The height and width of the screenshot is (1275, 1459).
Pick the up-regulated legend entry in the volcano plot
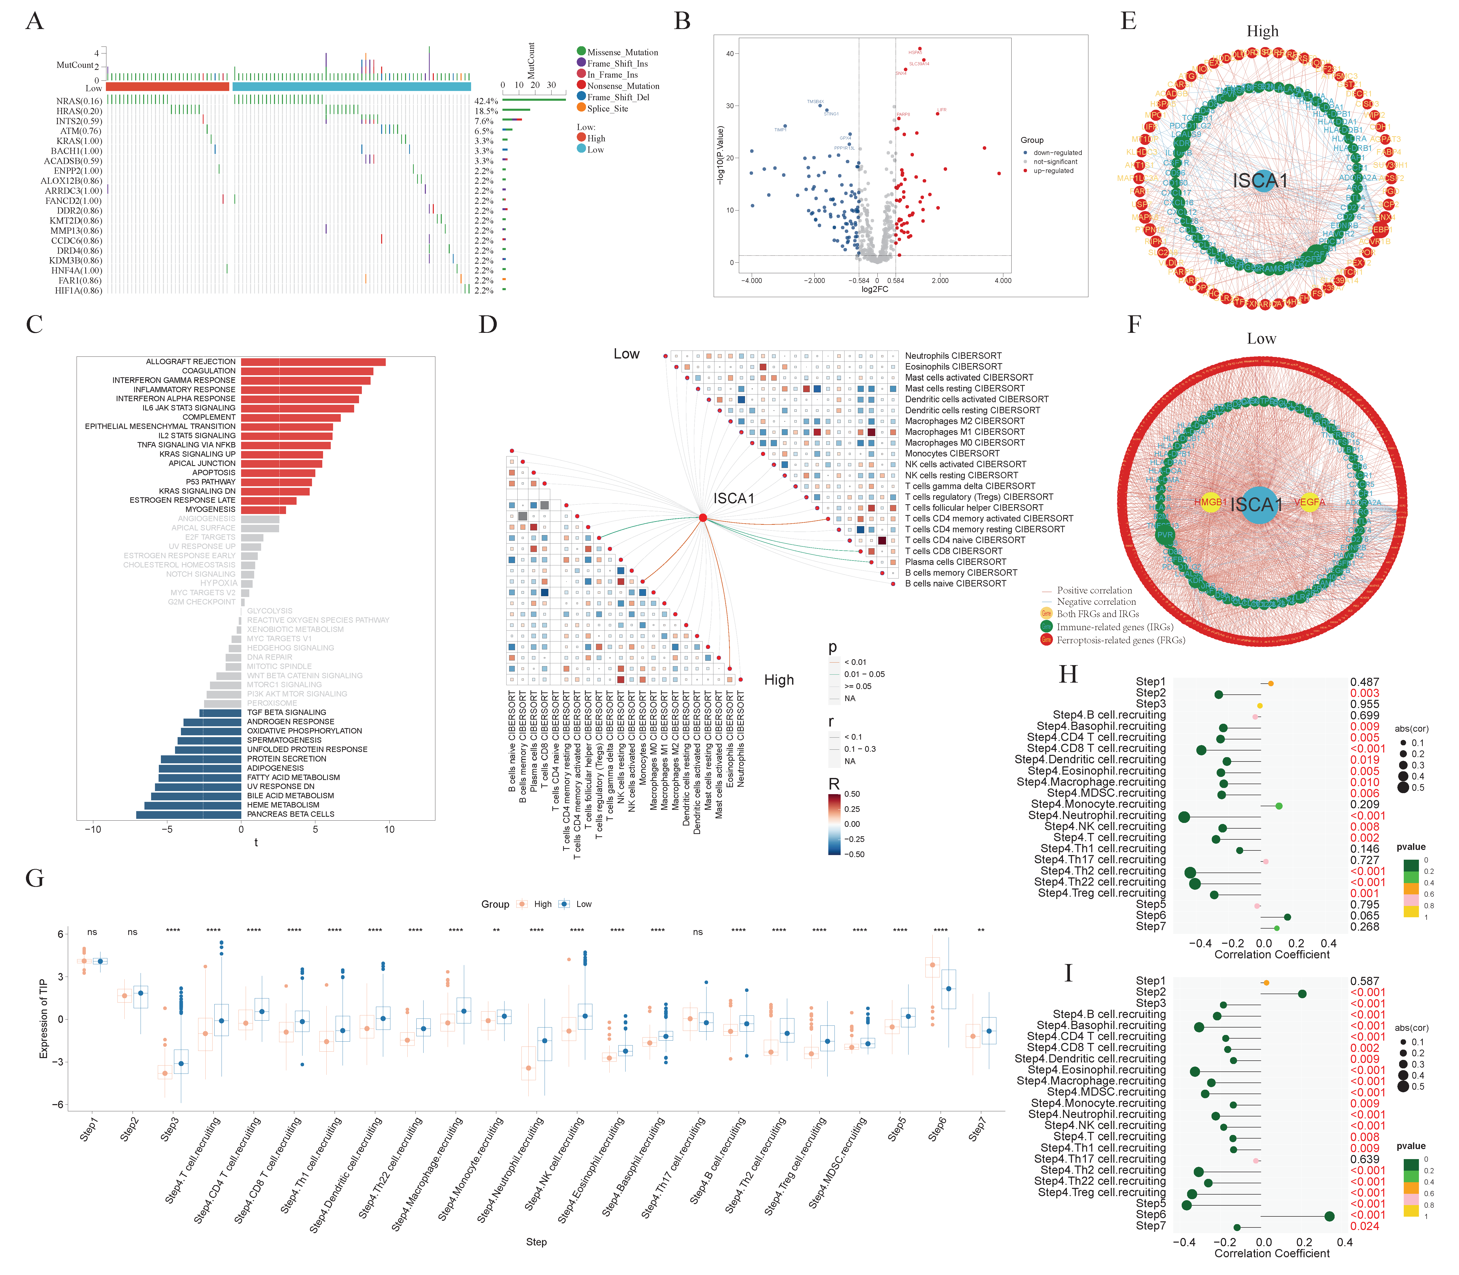[1053, 171]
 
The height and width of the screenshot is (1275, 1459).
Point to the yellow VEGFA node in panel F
[1309, 502]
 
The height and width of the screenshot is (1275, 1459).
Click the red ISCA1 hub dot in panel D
[703, 518]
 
